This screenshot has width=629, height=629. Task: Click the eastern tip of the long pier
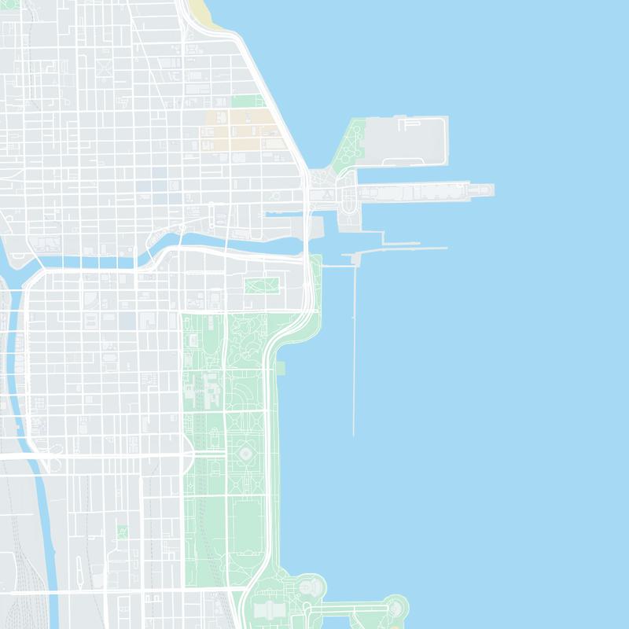tap(491, 190)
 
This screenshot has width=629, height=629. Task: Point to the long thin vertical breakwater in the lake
tap(354, 354)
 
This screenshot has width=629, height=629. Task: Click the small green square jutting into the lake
tap(281, 368)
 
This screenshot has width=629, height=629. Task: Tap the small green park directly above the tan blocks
tap(247, 101)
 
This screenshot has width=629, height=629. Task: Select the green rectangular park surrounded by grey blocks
tap(262, 285)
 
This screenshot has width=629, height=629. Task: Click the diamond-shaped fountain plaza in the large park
tap(246, 454)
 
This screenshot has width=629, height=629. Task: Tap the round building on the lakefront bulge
tap(311, 586)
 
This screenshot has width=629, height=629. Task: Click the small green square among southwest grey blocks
tap(122, 532)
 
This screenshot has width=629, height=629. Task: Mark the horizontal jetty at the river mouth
tap(401, 249)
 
